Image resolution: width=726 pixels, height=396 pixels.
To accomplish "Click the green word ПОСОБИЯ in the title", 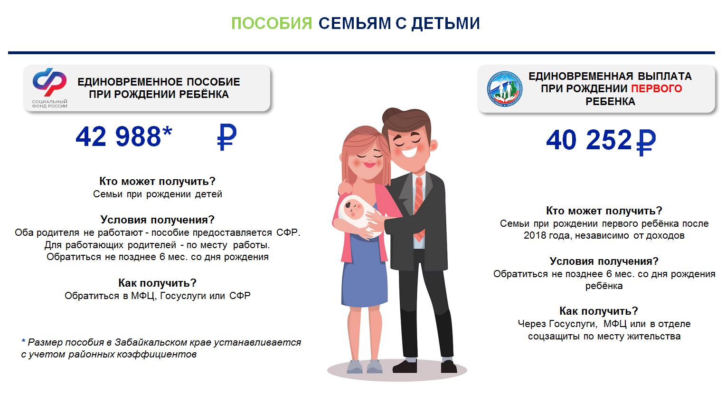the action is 272,23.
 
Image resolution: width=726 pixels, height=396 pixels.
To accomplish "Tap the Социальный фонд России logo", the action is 49,87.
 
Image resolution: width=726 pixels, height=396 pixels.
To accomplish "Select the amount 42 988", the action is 119,137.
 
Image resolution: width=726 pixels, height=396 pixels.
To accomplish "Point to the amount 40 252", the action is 589,140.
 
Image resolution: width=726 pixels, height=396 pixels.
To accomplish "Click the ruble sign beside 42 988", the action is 227,137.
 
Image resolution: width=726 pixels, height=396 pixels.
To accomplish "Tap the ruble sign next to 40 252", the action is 646,142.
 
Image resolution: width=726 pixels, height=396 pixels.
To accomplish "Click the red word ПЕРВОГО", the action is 657,88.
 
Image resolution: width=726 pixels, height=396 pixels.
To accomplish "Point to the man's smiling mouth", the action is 410,152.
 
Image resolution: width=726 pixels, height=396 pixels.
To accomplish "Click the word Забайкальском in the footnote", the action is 151,342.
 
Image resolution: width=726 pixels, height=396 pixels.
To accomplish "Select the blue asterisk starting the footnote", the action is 23,341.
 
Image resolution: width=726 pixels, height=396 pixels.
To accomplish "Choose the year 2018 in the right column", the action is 534,235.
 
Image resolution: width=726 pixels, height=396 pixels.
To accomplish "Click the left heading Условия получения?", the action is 158,220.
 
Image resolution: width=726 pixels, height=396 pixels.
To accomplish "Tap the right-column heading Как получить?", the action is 599,311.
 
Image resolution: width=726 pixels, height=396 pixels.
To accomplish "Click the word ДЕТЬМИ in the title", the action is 446,24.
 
